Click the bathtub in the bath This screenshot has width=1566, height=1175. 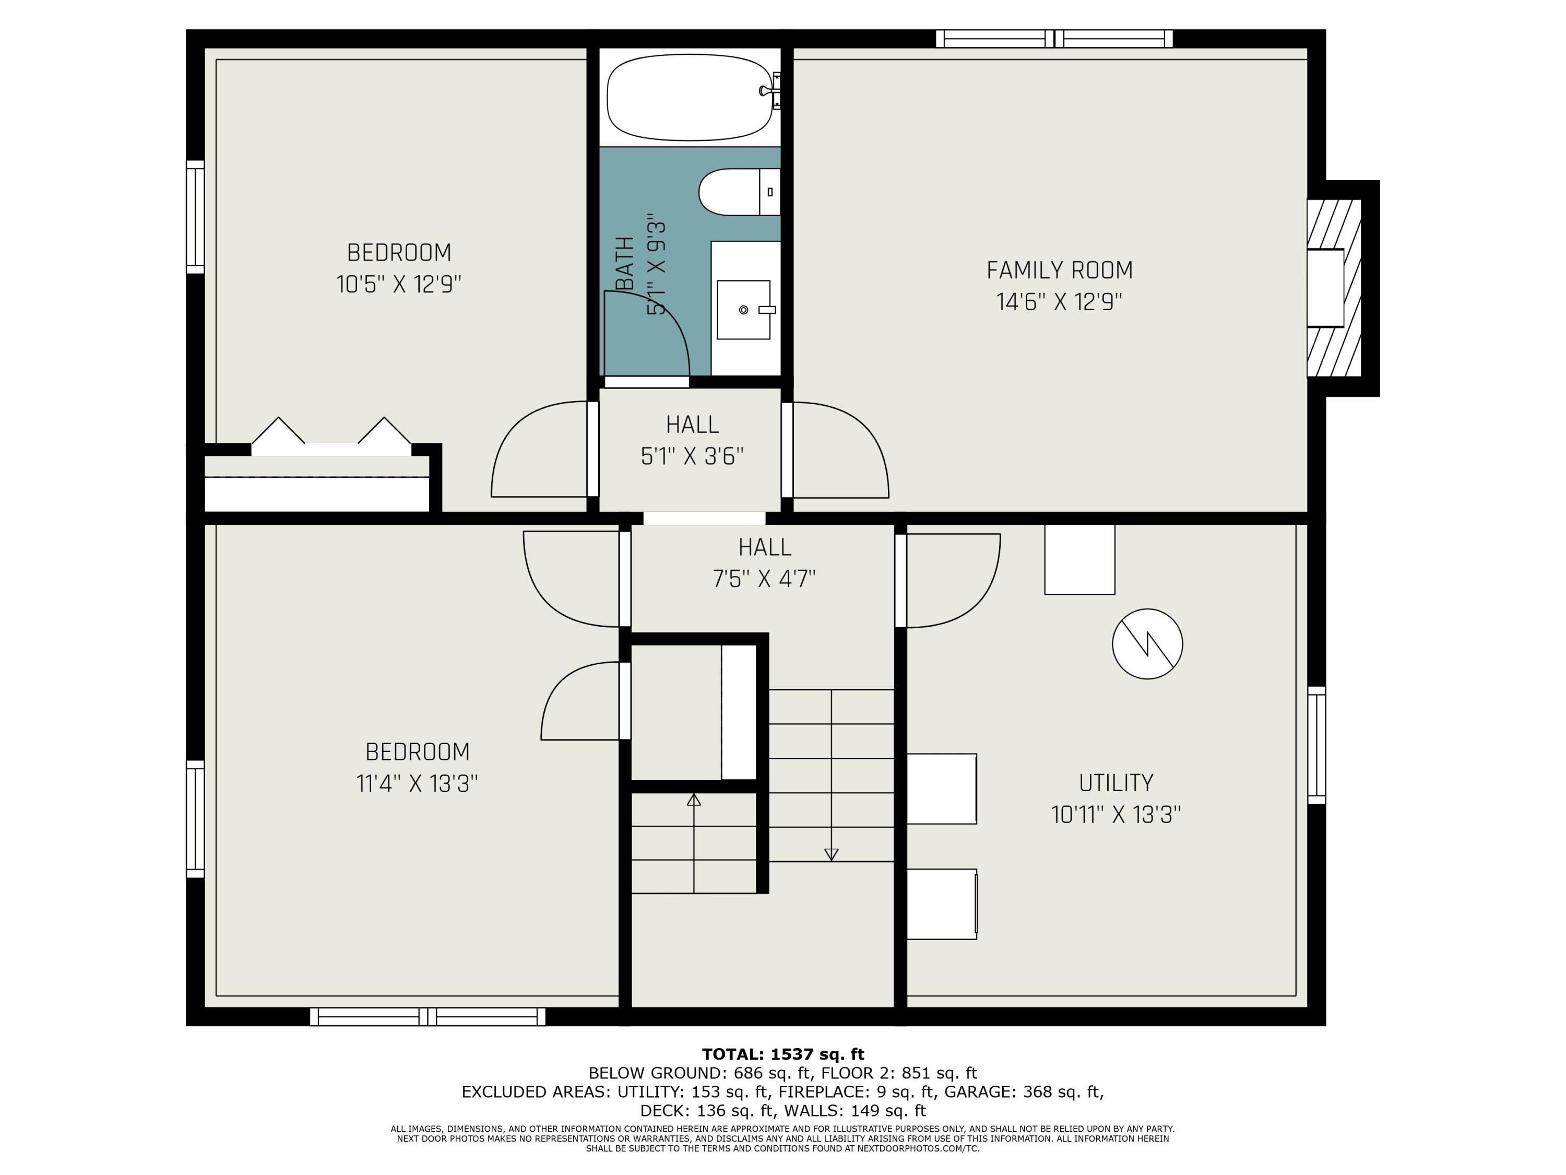pyautogui.click(x=689, y=97)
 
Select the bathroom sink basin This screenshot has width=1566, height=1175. pyautogui.click(x=743, y=310)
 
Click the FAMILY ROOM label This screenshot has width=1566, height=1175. pyautogui.click(x=1059, y=270)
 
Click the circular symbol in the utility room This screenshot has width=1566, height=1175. pyautogui.click(x=1147, y=644)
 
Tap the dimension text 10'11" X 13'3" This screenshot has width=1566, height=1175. pyautogui.click(x=1116, y=815)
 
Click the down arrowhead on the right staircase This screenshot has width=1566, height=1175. pyautogui.click(x=831, y=854)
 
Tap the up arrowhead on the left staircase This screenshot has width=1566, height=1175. pyautogui.click(x=694, y=800)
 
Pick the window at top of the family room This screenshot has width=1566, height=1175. pyautogui.click(x=1054, y=39)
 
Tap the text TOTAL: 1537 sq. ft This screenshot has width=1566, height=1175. pyautogui.click(x=782, y=1054)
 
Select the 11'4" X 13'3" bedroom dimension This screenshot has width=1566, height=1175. pyautogui.click(x=417, y=784)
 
